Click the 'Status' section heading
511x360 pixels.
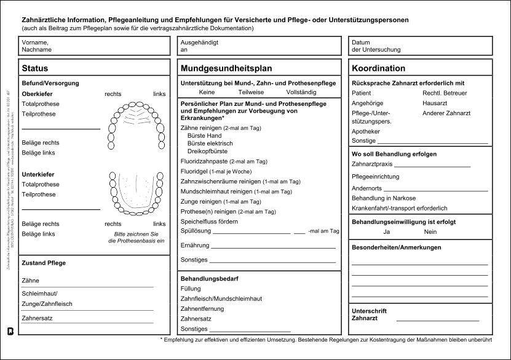(x=34, y=68)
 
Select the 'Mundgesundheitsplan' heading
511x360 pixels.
(x=226, y=68)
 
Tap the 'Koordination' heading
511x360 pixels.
(x=378, y=68)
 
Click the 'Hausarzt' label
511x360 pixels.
(x=434, y=103)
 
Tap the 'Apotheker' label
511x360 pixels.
(x=365, y=131)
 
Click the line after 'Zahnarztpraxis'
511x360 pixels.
(x=432, y=167)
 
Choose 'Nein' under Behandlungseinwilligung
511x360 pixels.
(x=430, y=232)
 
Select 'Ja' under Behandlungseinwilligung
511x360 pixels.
(x=386, y=232)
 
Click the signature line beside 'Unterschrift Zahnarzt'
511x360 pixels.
(x=437, y=320)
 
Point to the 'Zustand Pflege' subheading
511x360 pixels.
(x=44, y=263)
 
